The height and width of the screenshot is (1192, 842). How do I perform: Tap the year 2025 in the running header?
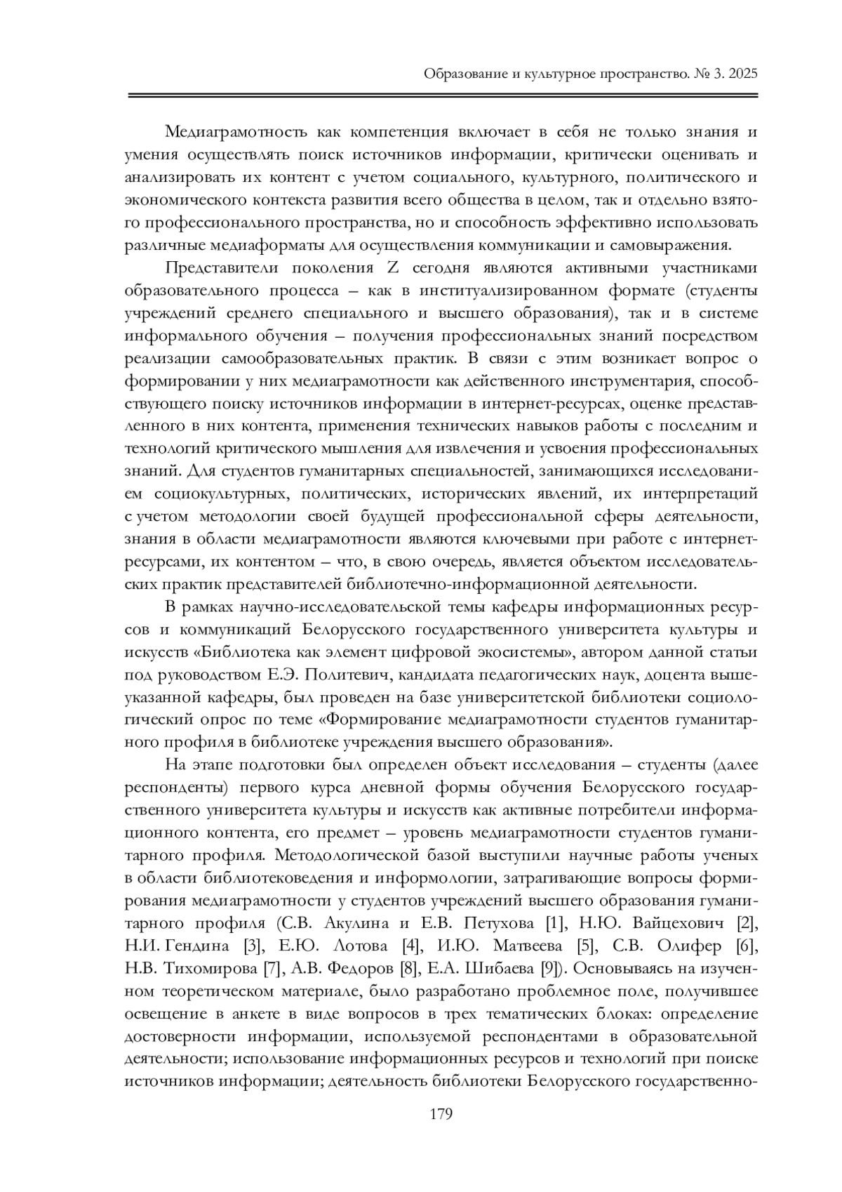click(743, 74)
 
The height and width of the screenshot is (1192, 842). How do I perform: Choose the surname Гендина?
click(195, 946)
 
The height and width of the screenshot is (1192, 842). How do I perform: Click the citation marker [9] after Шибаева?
click(552, 969)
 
